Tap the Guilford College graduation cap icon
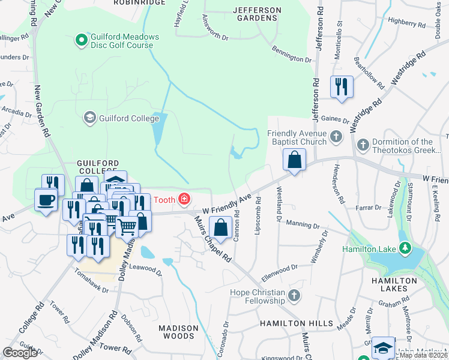(x=90, y=117)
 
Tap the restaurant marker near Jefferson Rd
(x=341, y=86)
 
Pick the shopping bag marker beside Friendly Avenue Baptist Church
(x=294, y=160)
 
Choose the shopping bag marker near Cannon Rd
(x=220, y=227)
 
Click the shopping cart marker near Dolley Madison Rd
(x=127, y=227)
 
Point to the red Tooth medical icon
(x=183, y=199)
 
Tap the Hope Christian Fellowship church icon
(x=294, y=295)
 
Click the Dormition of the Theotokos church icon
(x=363, y=145)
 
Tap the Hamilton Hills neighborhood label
(x=296, y=323)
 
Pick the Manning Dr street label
(x=303, y=226)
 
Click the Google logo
(x=20, y=352)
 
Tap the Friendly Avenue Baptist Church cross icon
(x=337, y=137)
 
